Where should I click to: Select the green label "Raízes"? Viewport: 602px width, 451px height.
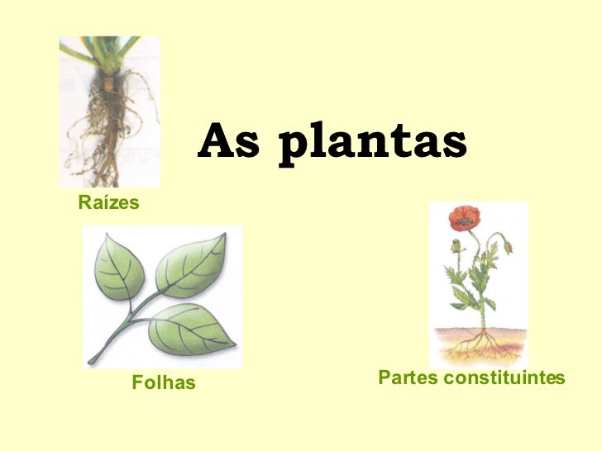point(108,202)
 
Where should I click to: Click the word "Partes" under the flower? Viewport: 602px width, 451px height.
point(407,378)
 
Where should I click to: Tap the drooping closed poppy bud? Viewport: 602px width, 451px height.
point(507,245)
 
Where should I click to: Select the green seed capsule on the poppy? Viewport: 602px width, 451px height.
point(454,245)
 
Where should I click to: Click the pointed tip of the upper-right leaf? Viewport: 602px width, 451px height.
point(224,236)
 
